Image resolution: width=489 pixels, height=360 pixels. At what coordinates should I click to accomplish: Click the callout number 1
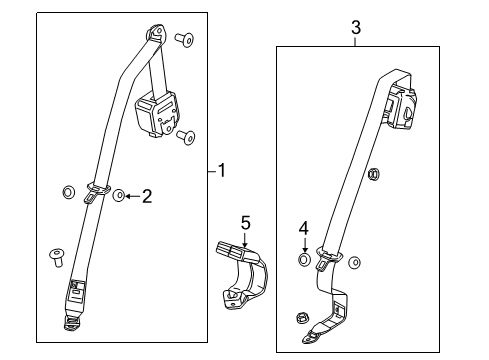point(221,171)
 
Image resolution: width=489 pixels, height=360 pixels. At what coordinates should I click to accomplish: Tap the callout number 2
point(146,196)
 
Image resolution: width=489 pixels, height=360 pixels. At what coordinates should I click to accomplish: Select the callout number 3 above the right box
point(355,29)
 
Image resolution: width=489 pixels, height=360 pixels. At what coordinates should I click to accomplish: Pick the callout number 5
point(245,222)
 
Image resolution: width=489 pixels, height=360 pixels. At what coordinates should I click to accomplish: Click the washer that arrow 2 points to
point(118,196)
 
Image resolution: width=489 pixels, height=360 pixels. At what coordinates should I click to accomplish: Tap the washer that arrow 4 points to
point(304,262)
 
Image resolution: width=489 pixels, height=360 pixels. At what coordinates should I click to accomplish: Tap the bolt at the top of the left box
point(182,40)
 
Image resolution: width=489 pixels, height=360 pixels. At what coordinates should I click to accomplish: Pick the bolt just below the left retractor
point(187,137)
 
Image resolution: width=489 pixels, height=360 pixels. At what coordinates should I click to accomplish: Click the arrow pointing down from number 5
point(245,237)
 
